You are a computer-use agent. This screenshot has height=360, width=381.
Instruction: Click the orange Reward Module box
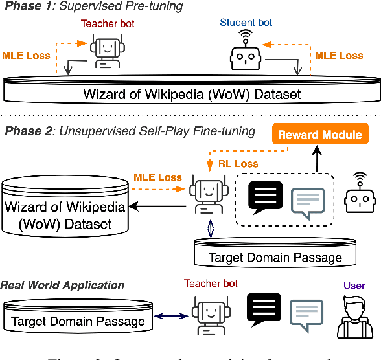(x=319, y=135)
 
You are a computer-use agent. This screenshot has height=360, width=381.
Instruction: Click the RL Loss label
(x=237, y=164)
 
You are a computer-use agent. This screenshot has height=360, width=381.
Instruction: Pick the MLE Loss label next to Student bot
(x=338, y=56)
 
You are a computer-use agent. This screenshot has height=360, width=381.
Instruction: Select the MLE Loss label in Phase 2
(x=157, y=177)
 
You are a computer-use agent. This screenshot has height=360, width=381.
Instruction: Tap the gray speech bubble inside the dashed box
(x=307, y=203)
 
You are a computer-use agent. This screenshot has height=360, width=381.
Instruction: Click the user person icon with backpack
(x=354, y=315)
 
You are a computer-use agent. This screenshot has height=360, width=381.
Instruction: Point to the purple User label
(x=354, y=286)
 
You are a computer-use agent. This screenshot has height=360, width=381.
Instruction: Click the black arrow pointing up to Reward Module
(x=316, y=159)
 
